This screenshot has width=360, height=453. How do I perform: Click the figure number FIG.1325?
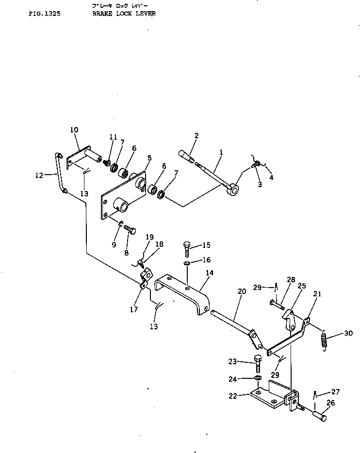[44, 14]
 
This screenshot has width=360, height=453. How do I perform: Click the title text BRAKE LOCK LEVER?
[124, 14]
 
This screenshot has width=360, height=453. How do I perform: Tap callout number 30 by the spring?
[349, 333]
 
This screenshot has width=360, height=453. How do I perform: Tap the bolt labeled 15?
[188, 248]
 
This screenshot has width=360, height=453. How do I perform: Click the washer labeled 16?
[187, 263]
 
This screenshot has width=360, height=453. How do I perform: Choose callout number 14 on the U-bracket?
[209, 274]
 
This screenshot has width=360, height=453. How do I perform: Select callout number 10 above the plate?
[74, 130]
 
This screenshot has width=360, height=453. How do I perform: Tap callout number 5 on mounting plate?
[149, 158]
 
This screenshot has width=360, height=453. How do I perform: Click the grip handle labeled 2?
[186, 155]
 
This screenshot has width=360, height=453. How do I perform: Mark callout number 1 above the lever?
[221, 152]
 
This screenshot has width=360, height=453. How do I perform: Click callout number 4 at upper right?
[271, 178]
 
